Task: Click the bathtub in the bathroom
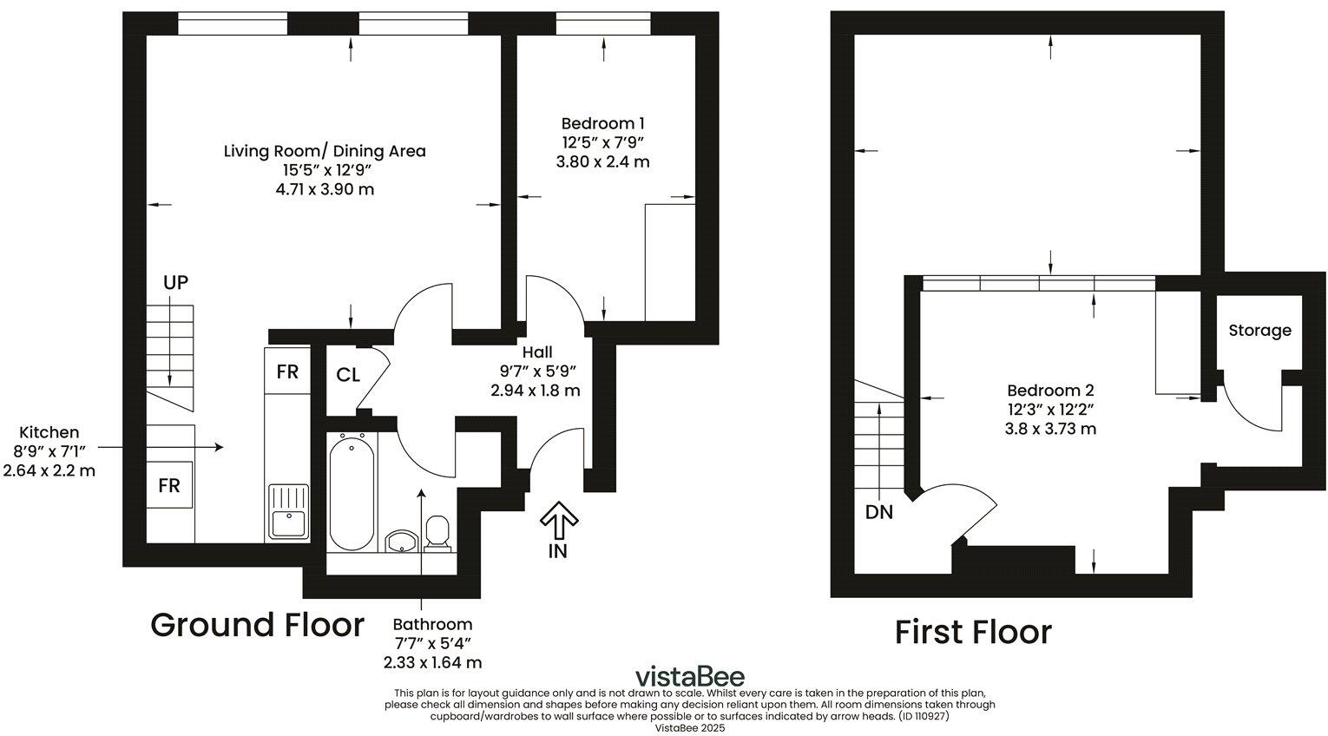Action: click(352, 491)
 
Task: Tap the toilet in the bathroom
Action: click(437, 533)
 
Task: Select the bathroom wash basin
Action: click(401, 542)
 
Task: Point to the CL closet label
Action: click(348, 375)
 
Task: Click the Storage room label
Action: click(1259, 331)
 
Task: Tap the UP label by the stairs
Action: click(175, 282)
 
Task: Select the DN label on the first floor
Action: click(878, 512)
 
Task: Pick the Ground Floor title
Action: click(257, 625)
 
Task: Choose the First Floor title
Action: click(972, 632)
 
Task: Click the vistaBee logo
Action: click(689, 676)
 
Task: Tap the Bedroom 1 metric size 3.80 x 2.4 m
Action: click(602, 161)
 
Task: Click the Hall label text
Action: click(536, 352)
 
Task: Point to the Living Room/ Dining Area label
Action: click(325, 151)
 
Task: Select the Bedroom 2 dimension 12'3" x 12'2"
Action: click(1050, 410)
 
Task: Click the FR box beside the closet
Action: click(287, 371)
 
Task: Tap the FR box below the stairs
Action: click(168, 485)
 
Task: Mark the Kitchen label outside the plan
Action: click(49, 432)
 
